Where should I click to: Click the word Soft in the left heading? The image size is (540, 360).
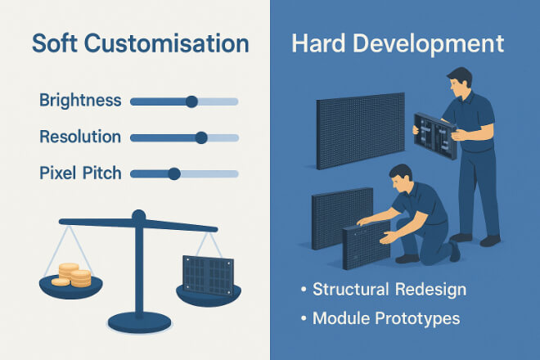click(55, 43)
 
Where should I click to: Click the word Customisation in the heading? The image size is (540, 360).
click(166, 43)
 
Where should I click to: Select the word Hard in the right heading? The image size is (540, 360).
click(318, 43)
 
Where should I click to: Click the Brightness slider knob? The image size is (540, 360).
click(191, 101)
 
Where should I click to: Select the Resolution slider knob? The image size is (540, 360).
click(201, 137)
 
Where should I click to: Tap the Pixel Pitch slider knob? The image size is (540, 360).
click(174, 174)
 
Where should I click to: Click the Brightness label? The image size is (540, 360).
click(80, 101)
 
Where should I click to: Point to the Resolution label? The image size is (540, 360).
click(80, 137)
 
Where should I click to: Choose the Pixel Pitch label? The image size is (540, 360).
click(80, 173)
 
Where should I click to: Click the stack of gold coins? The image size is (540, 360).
click(72, 275)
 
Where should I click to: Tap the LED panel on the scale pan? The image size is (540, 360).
click(208, 276)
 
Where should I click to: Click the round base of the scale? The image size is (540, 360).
click(139, 323)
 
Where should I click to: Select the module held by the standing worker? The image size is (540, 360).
click(435, 136)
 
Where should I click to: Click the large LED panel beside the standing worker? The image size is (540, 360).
click(361, 131)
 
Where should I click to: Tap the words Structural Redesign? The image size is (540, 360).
click(389, 289)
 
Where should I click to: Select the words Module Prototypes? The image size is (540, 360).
click(386, 318)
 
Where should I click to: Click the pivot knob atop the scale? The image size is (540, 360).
click(139, 216)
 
